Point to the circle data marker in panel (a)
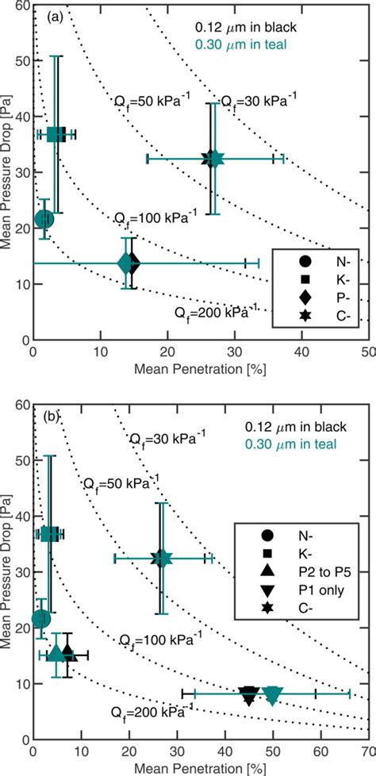click(x=44, y=218)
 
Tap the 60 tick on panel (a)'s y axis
click(x=21, y=6)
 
